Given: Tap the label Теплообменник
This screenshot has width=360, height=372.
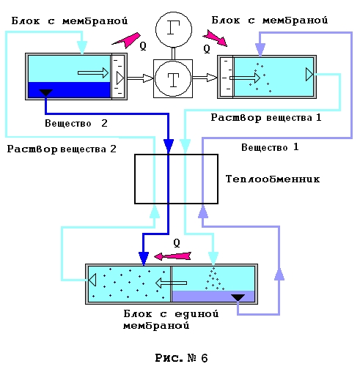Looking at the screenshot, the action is point(273,179).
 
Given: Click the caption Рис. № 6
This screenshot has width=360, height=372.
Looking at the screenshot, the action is point(181,358).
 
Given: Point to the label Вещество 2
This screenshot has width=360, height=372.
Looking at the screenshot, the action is point(76,123).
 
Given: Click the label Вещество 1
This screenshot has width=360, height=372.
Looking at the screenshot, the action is point(270,147).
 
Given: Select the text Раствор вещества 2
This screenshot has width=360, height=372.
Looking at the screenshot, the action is point(62,149).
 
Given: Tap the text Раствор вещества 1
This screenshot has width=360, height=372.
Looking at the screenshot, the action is point(266,118).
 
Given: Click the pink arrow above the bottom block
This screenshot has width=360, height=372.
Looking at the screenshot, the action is point(172,256).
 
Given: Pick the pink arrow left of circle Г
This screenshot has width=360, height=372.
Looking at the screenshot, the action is point(126,40).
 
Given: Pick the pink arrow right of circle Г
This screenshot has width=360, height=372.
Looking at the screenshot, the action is point(215,38).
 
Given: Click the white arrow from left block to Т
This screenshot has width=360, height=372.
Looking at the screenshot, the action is point(140,78).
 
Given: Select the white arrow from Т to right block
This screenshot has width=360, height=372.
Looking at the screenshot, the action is point(205,78).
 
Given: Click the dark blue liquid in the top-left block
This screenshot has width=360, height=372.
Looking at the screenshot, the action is point(70,90).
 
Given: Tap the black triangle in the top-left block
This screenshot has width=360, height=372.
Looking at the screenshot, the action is point(46,93).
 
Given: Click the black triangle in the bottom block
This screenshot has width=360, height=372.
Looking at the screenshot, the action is point(238,298).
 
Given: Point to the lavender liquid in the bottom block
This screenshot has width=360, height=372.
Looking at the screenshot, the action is point(213,296).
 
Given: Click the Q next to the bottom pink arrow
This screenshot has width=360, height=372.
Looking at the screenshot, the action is point(177,243).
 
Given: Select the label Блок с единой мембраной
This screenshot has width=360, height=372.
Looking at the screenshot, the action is point(171,319).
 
